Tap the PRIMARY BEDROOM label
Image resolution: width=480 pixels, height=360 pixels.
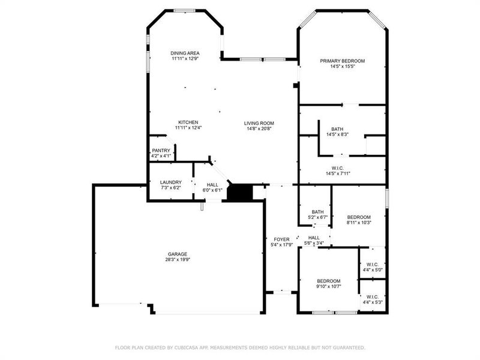342,61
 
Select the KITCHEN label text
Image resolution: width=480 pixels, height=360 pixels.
188,122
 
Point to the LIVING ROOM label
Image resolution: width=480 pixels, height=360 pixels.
259,123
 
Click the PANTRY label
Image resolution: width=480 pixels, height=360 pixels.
161,151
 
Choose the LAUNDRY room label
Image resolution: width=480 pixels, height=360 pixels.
170,182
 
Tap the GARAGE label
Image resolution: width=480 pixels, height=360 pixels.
178,254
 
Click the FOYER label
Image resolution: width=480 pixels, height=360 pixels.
281,239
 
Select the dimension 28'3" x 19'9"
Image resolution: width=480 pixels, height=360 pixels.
178,260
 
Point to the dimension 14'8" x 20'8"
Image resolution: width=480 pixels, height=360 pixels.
259,128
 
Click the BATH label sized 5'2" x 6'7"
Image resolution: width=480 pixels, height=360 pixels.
317,211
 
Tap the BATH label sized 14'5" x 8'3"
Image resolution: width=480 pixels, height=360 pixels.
337,129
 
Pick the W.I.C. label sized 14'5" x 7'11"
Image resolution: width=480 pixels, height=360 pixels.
337,168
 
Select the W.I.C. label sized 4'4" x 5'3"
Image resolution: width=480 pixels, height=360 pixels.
372,296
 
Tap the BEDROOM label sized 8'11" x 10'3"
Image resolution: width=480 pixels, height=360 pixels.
359,217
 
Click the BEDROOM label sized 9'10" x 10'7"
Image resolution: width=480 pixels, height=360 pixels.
329,281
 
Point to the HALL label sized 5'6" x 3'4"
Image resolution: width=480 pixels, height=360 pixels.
314,237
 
